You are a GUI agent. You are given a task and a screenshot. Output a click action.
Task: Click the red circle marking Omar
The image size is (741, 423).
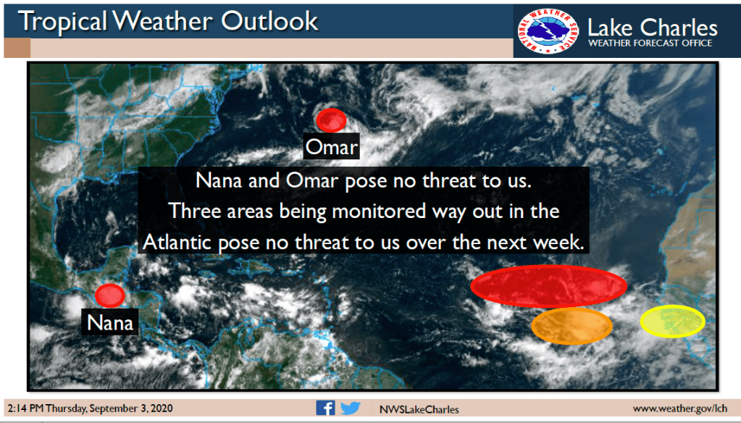coord(331,120)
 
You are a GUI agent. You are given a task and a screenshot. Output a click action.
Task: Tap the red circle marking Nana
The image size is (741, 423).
coord(109,296)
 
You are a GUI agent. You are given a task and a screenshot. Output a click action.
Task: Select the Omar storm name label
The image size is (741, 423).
coord(331,147)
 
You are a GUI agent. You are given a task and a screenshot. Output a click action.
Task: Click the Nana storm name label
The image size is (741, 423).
coord(110,322)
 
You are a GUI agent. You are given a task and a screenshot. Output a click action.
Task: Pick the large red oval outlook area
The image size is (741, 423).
coord(548,286)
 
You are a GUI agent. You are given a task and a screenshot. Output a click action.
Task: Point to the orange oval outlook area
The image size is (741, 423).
coord(572,326)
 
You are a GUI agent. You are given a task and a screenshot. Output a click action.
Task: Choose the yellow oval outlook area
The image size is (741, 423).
coord(672,322)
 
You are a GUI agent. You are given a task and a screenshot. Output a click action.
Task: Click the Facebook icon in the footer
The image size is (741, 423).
coord(326,408)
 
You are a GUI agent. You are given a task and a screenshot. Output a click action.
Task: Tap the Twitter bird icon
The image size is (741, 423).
coord(350,408)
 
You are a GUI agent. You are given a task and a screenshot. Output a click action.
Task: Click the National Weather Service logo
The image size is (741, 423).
coord(548,31)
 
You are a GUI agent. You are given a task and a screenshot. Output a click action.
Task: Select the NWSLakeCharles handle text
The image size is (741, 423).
coord(419,409)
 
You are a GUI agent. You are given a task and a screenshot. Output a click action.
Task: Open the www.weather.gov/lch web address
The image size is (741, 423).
coord(680,409)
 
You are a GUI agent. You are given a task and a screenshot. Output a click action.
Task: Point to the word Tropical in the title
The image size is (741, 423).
coord(63,22)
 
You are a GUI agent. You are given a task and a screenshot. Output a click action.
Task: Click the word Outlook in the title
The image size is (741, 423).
coord(269,21)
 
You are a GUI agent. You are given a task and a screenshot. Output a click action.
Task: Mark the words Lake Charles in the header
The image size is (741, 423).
coord(652,28)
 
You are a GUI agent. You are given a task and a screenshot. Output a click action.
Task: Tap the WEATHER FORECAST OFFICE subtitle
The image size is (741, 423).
coord(650,43)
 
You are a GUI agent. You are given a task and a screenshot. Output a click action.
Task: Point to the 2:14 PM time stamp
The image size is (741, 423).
coord(25,408)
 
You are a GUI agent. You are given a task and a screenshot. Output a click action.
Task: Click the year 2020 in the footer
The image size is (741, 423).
coord(162,408)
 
